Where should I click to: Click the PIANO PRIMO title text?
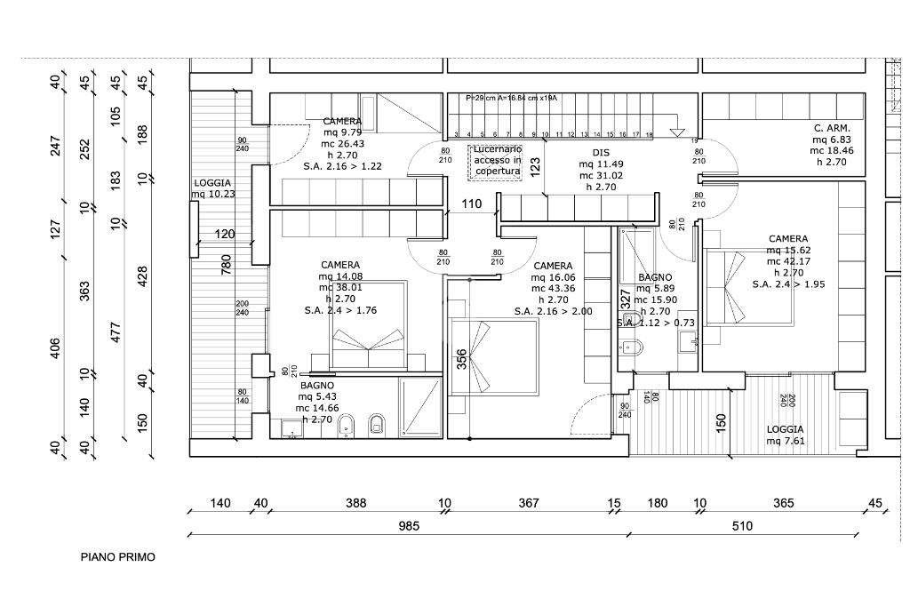(x=117, y=557)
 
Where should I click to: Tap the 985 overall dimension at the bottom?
(x=409, y=525)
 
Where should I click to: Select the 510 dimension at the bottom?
(x=742, y=525)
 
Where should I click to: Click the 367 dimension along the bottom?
(x=529, y=503)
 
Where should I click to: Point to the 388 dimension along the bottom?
(x=355, y=503)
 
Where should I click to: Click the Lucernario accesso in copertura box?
(x=497, y=160)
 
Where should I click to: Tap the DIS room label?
(x=601, y=152)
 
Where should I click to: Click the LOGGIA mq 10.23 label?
(x=212, y=188)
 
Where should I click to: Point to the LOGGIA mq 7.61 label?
(x=786, y=435)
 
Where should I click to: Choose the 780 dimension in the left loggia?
(x=226, y=264)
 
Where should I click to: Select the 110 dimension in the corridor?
(x=471, y=204)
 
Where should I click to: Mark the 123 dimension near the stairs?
(x=535, y=166)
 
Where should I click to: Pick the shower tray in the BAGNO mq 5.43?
(x=419, y=407)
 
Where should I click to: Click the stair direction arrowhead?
(x=677, y=132)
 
